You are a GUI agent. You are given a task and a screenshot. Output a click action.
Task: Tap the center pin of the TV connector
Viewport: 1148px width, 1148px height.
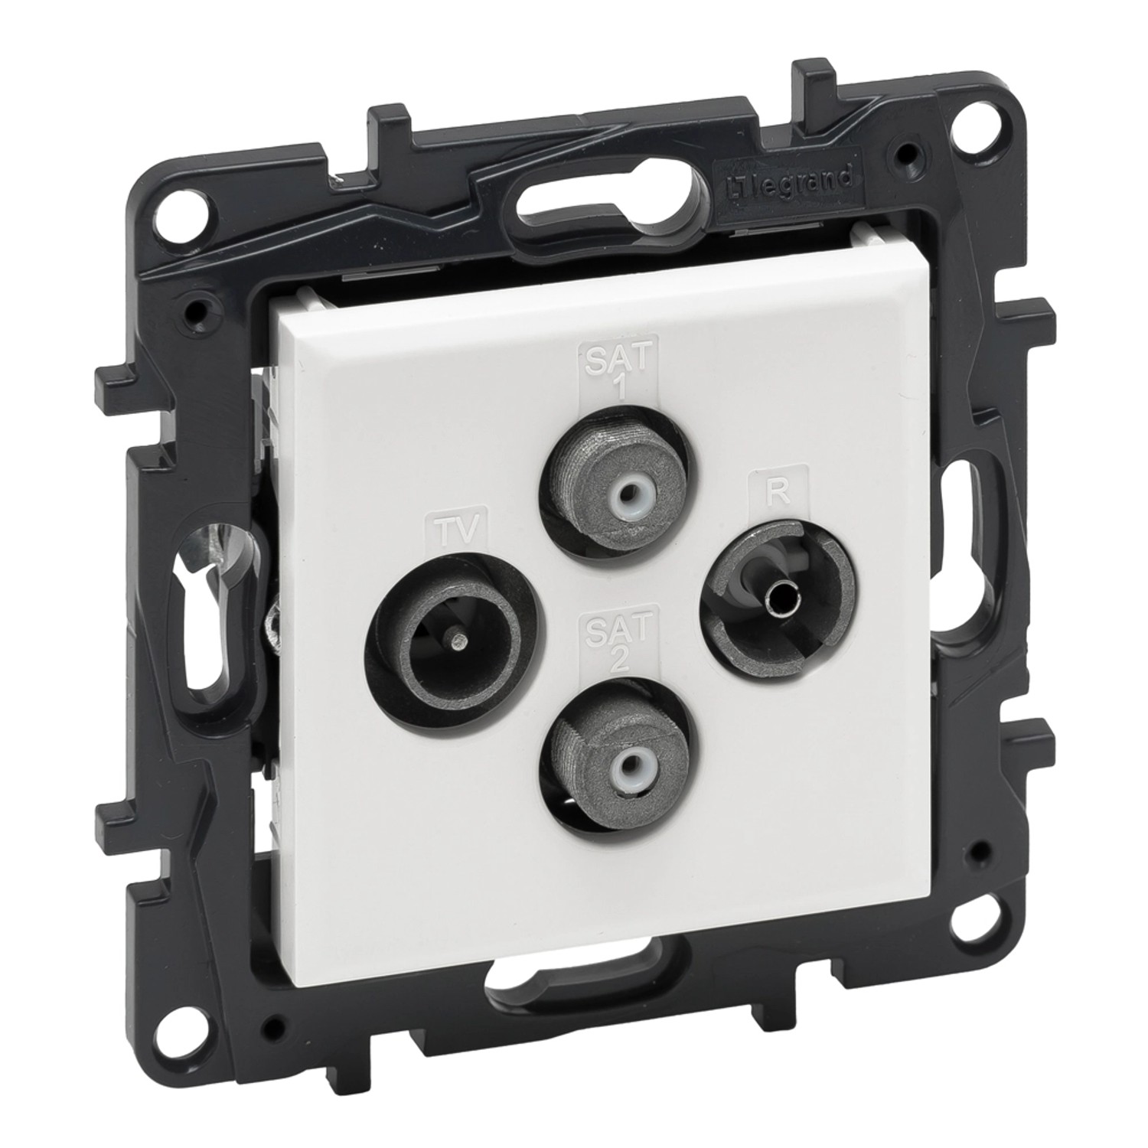(x=456, y=634)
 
